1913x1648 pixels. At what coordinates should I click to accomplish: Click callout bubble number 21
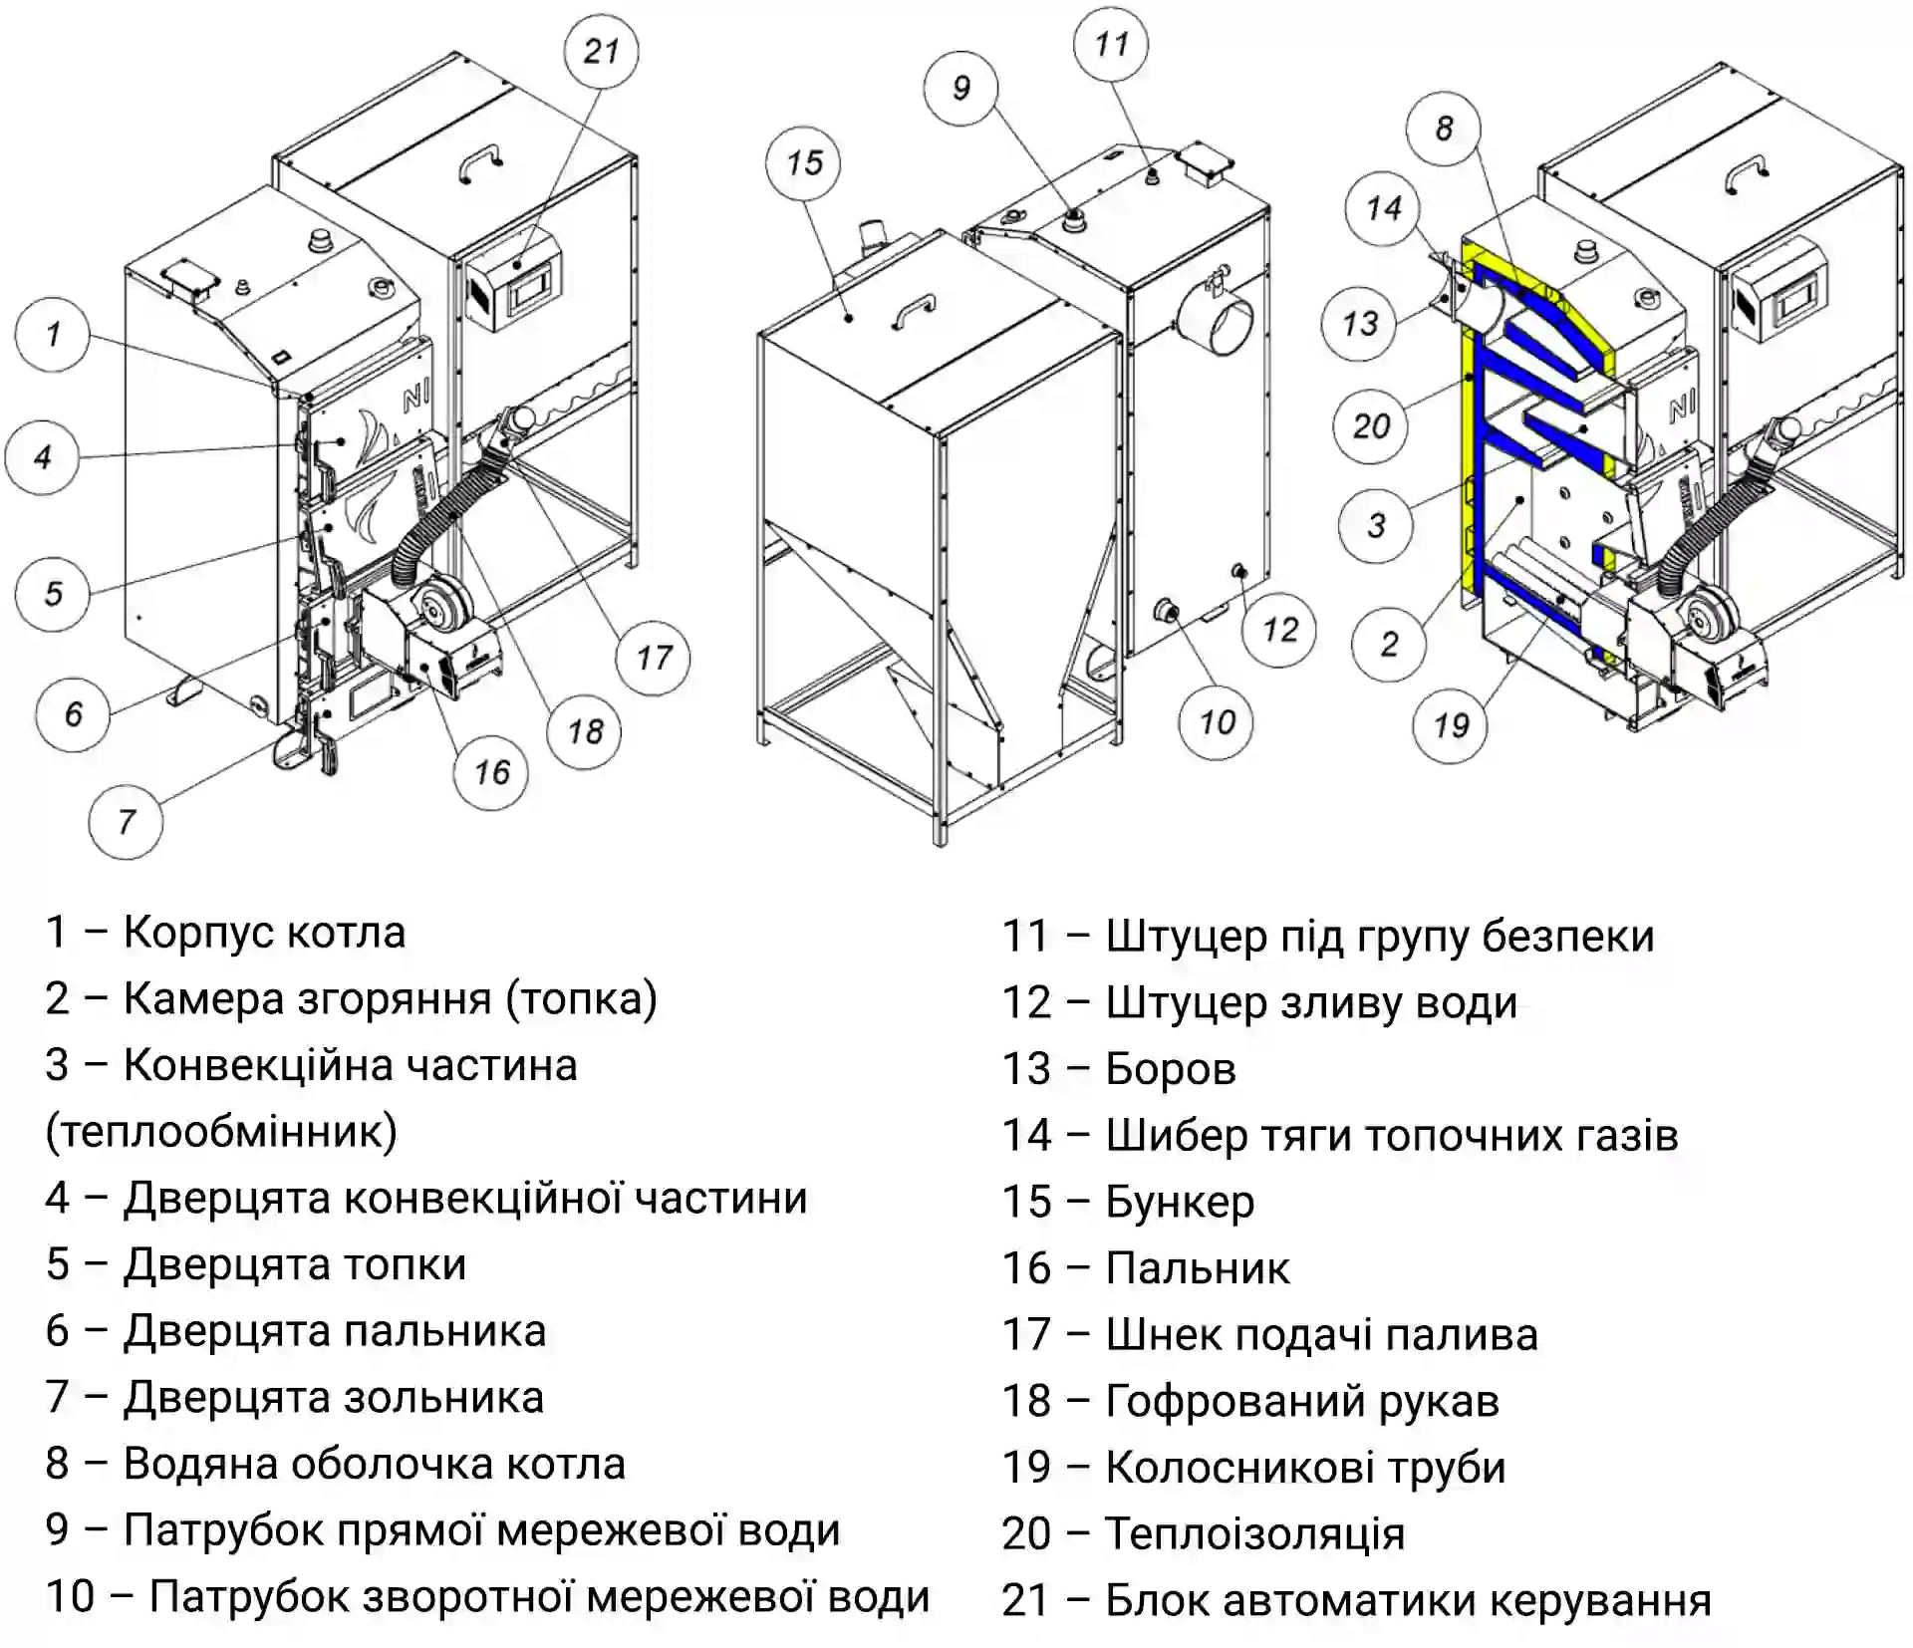tap(601, 51)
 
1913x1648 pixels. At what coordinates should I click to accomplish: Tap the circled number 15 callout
tap(803, 162)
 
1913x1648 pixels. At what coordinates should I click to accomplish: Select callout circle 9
tap(960, 88)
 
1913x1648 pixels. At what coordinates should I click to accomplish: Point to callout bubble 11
tap(1111, 44)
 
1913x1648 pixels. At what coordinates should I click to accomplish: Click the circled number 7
tap(126, 822)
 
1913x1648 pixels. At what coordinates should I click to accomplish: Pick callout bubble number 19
tap(1451, 725)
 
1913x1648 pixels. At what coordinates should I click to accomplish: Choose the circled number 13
tap(1359, 323)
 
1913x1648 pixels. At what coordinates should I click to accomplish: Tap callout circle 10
tap(1217, 721)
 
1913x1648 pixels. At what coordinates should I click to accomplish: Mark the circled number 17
tap(654, 658)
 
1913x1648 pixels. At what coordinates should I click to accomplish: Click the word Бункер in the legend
tap(1180, 1203)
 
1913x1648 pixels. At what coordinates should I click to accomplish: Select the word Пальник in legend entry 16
tap(1198, 1268)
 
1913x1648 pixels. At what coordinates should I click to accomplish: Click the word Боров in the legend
tap(1171, 1069)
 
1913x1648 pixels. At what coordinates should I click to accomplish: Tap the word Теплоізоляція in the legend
tap(1254, 1533)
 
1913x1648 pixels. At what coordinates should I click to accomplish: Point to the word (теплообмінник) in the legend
tap(221, 1132)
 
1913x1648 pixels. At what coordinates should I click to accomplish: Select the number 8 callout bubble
tap(1444, 128)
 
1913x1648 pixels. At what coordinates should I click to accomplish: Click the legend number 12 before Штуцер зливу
tap(1026, 1002)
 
